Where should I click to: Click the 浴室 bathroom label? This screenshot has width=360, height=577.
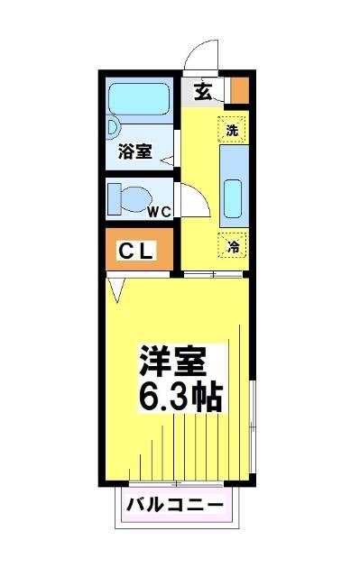pos(135,151)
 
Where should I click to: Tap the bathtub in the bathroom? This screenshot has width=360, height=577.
pos(139,99)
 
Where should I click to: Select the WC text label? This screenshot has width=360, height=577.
pos(160,212)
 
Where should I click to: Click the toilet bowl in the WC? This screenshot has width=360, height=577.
pos(136,199)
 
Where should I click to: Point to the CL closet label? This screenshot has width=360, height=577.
pos(136,251)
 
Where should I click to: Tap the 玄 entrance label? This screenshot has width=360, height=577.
pos(203,91)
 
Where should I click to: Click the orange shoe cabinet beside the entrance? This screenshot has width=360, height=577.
pos(240,90)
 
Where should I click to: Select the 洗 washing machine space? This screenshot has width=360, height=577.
pos(232,130)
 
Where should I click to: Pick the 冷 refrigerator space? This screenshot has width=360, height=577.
pos(233,246)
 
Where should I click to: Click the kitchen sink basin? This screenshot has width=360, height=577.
pos(233,198)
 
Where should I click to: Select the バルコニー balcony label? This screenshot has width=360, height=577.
pos(175,505)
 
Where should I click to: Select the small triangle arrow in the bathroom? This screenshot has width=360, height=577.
pos(167,160)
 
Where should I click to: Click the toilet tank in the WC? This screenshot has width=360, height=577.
pos(114,199)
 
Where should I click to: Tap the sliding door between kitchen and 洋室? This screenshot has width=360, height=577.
pos(213,274)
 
